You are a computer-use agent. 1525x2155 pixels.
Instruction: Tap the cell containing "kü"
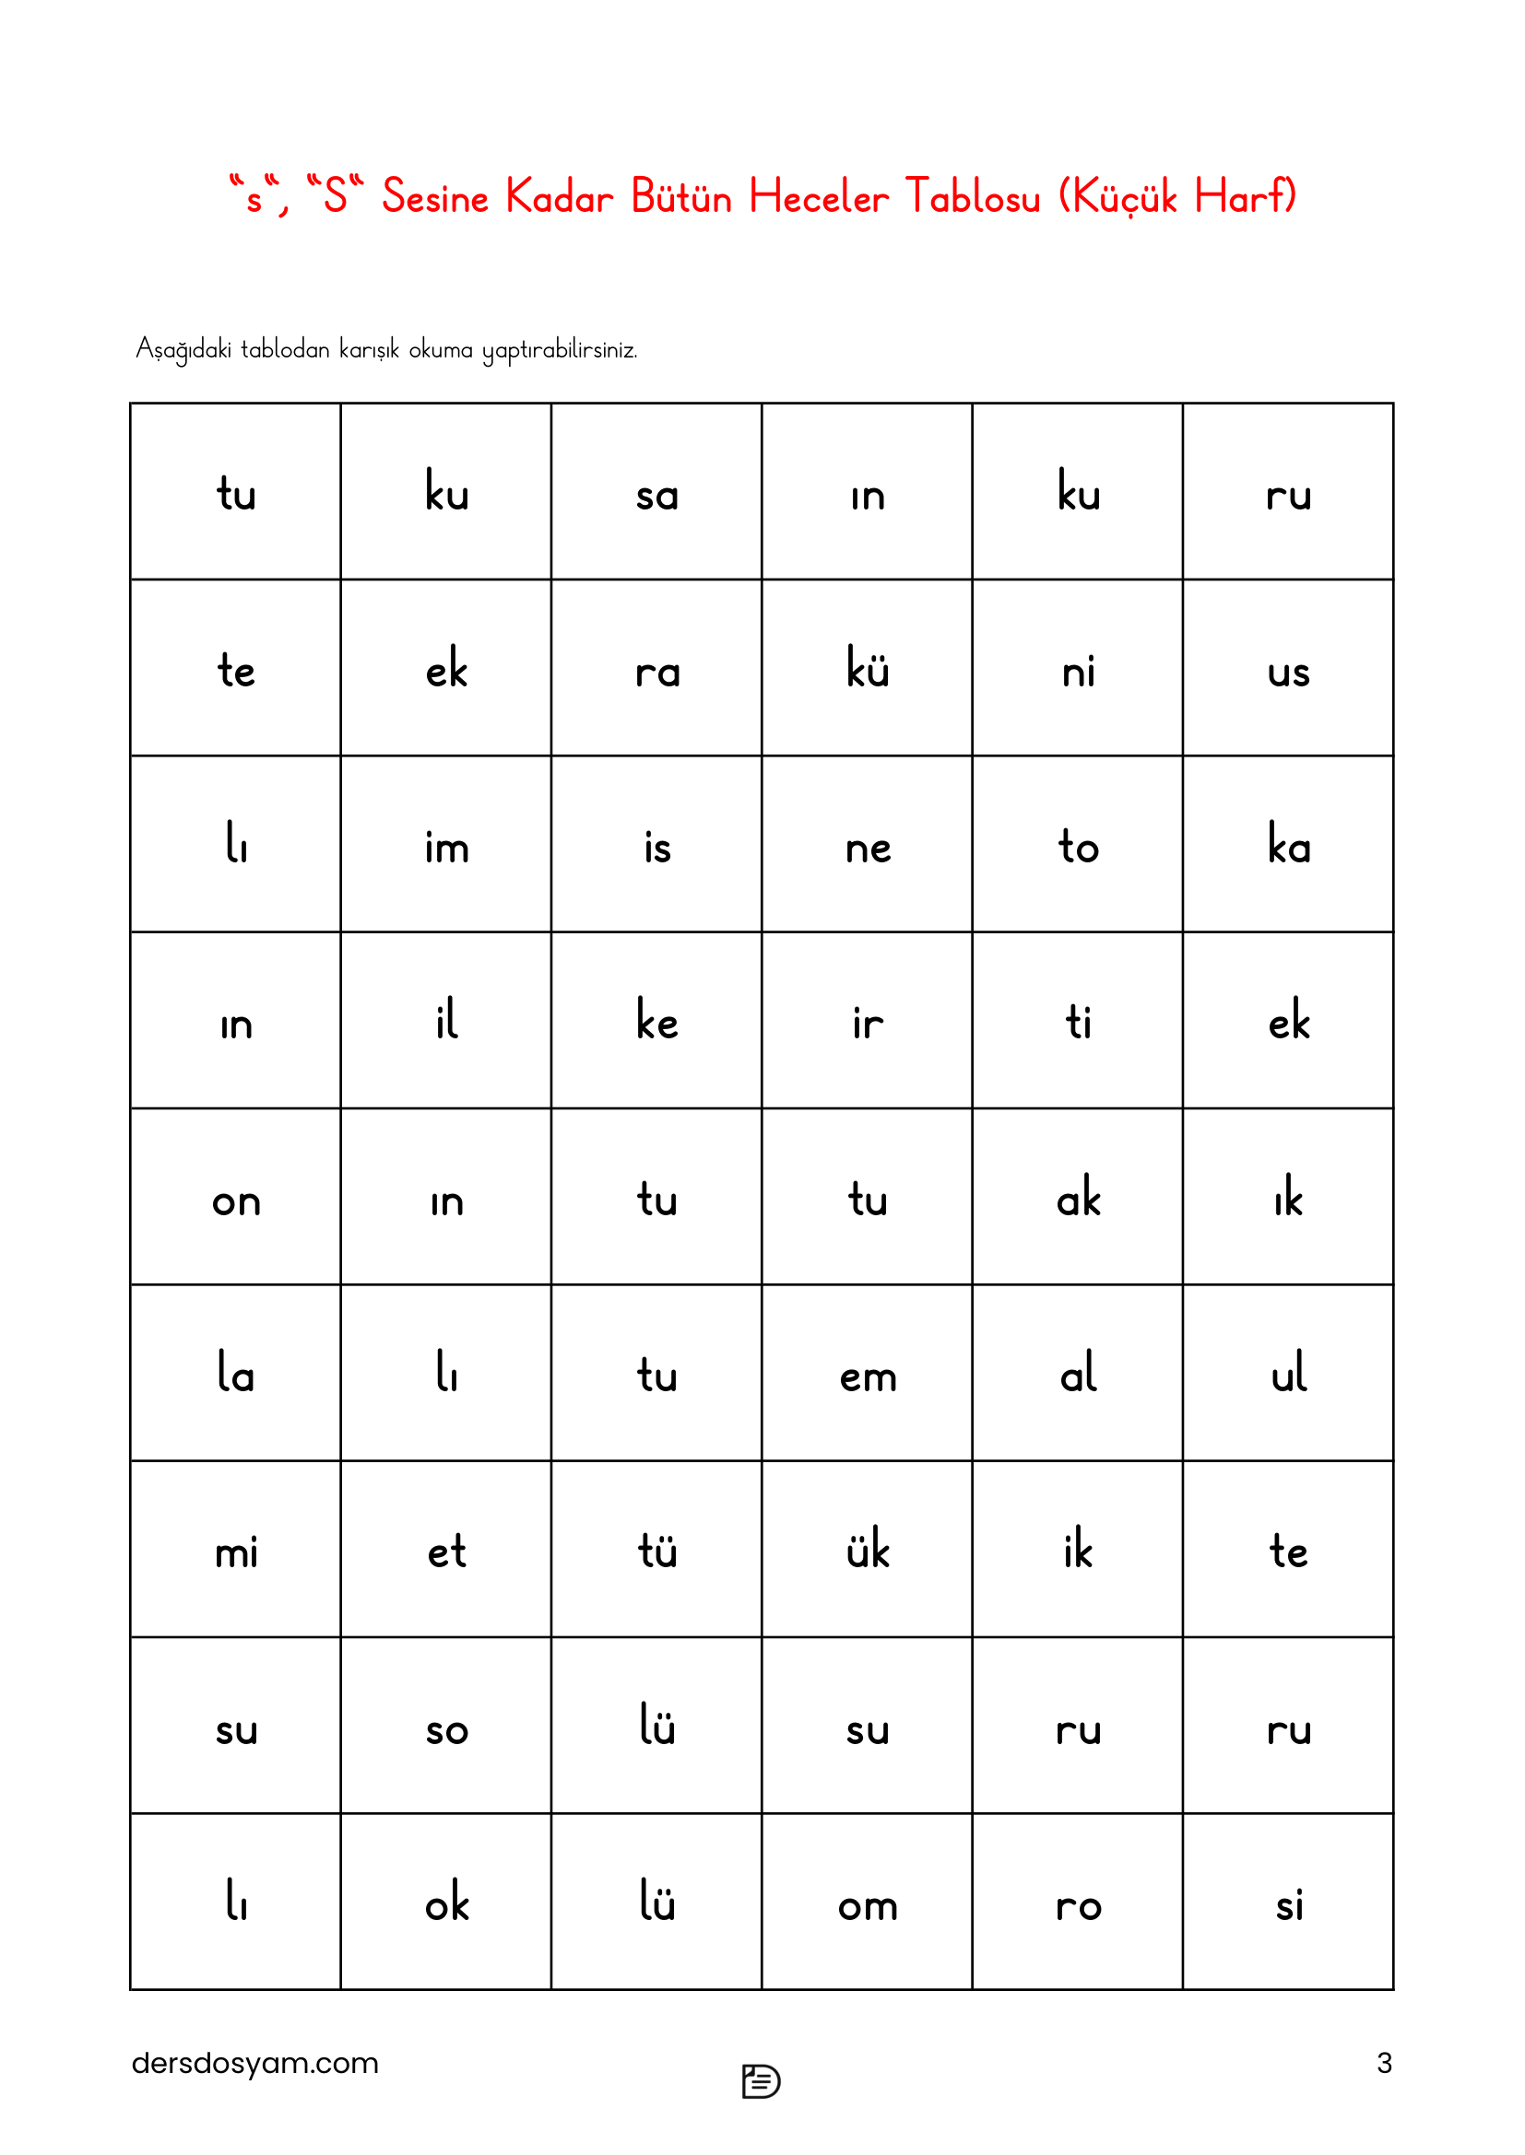pos(867,670)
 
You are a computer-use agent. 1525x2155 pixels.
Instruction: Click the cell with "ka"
pos(1288,844)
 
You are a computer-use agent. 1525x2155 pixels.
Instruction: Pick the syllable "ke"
pos(656,1020)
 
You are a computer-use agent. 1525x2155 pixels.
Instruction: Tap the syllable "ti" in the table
pos(1078,1021)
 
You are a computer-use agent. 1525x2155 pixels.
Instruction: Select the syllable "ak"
pos(1078,1198)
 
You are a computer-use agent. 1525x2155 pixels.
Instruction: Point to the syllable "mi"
pos(236,1552)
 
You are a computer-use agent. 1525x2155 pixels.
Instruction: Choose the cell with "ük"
pos(867,1550)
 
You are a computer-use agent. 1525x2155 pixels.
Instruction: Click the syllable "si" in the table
pos(1288,1904)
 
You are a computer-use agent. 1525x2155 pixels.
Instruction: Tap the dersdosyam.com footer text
pos(254,2063)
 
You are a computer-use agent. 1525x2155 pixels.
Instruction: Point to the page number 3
pos(1383,2063)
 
